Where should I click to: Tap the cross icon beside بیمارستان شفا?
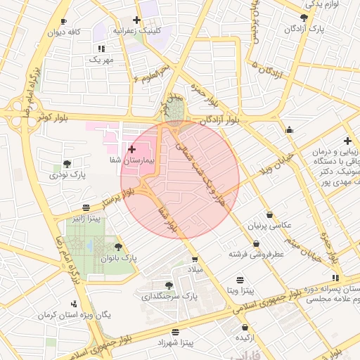(132, 149)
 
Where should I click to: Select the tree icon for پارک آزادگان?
(304, 18)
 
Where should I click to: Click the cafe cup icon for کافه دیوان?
(65, 22)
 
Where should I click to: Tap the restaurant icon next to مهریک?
(101, 49)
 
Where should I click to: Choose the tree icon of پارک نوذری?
(67, 163)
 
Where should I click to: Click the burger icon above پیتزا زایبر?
(86, 207)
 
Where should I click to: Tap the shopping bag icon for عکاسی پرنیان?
(270, 214)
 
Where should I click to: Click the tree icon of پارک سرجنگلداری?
(169, 285)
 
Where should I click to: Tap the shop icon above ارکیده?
(245, 327)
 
